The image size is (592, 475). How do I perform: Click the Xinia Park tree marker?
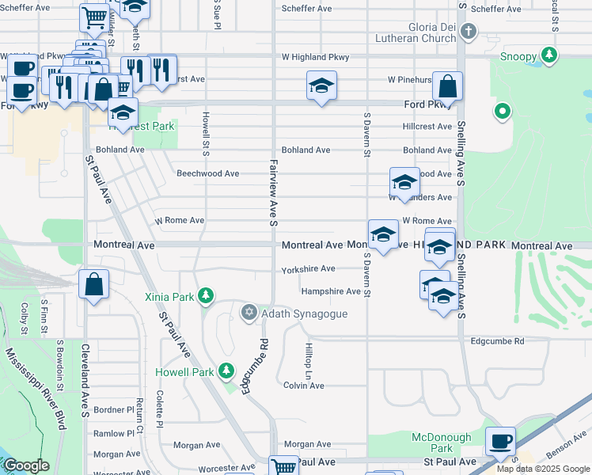[x=206, y=296]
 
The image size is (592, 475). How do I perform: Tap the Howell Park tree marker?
[x=226, y=370]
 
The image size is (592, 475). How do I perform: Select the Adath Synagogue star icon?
[x=249, y=313]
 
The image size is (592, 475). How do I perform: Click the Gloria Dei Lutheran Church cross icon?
[x=469, y=32]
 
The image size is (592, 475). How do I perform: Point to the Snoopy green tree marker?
[x=548, y=55]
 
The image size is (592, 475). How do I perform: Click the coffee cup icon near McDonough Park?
[x=499, y=442]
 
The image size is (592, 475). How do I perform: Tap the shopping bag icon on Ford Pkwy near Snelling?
[x=447, y=87]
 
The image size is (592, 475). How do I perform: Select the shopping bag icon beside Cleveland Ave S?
[x=93, y=284]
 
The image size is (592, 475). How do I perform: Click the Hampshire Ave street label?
[x=330, y=291]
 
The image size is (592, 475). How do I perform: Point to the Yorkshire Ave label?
[x=309, y=269]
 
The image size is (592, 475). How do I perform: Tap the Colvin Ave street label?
[x=304, y=386]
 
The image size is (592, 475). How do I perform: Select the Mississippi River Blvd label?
[x=35, y=387]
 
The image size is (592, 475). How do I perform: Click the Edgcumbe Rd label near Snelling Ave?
[x=497, y=341]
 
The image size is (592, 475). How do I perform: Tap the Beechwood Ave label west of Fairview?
[x=207, y=173]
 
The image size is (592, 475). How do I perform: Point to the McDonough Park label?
[x=441, y=443]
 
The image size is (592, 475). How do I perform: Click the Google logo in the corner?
[x=26, y=466]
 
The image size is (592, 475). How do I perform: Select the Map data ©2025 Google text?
[x=544, y=469]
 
